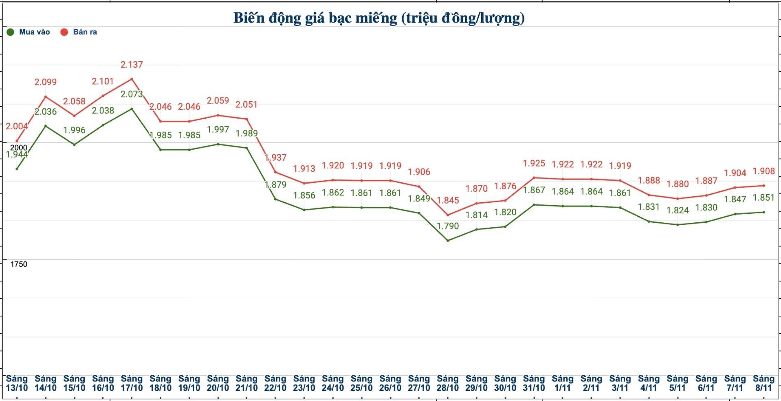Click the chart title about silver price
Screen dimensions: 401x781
pos(379,18)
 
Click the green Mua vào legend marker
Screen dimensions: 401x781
pos(11,32)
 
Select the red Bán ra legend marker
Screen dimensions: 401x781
pos(64,32)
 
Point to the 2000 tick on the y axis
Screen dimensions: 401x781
pos(19,148)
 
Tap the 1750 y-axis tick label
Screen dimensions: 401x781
pos(19,264)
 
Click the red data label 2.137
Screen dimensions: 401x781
pos(132,64)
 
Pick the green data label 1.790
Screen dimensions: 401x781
pos(447,226)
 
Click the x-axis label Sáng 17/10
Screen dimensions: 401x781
pos(132,383)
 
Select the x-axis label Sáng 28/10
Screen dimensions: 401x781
pos(447,383)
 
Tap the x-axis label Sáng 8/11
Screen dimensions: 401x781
pos(763,383)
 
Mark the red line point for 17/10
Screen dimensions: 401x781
pos(132,79)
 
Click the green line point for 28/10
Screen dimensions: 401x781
pos(448,240)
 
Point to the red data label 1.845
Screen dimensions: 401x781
pos(448,200)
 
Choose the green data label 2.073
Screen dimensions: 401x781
pos(132,94)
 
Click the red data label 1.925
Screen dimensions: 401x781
pos(534,164)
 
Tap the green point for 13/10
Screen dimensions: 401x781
pos(17,169)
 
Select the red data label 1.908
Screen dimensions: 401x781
pos(763,171)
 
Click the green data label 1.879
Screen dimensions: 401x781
pos(276,184)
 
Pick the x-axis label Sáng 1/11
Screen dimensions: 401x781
pos(563,383)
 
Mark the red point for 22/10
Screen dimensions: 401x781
pos(275,172)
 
